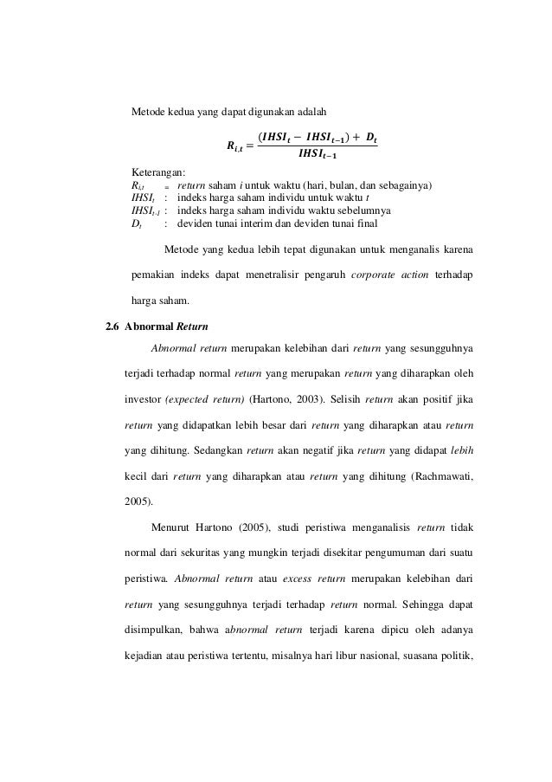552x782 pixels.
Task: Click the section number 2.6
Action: [112, 326]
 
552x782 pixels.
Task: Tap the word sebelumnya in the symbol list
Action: [365, 210]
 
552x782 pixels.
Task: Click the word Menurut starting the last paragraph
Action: [170, 525]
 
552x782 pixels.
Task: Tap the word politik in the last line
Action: [454, 650]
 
